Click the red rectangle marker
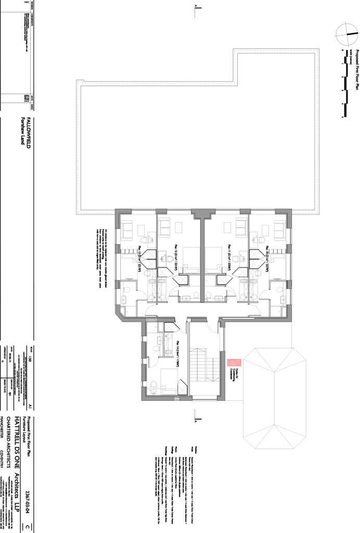tap(234, 363)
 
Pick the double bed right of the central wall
tap(215, 260)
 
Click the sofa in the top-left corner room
tap(127, 230)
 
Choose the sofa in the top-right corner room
tap(279, 230)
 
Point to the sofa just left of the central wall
tap(165, 227)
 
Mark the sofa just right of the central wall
tap(241, 227)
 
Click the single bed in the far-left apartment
tap(128, 265)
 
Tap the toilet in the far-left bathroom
tap(126, 289)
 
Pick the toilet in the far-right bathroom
tap(280, 289)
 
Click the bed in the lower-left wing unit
tap(169, 380)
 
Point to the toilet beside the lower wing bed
tap(153, 385)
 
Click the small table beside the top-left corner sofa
tap(141, 230)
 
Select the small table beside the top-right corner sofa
tap(265, 230)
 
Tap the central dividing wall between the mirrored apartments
tap(202, 260)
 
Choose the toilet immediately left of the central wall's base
tap(196, 296)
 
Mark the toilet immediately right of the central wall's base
tap(209, 296)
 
